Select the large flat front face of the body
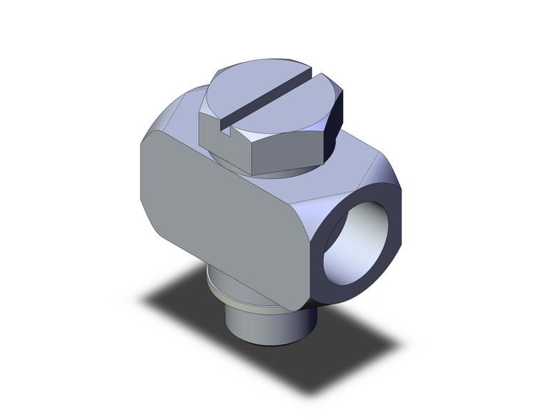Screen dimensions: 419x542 (x=221, y=214)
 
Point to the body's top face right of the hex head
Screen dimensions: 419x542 (x=357, y=153)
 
